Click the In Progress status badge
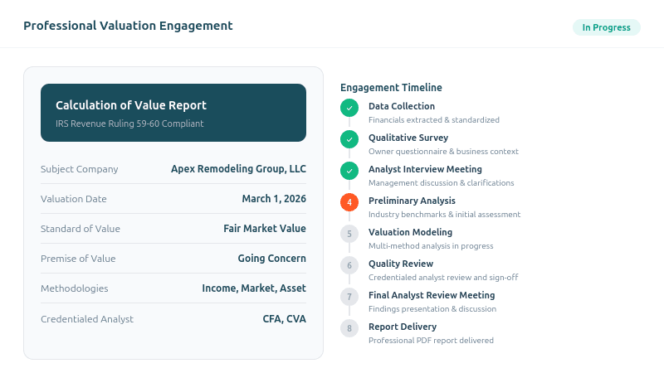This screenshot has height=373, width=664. [606, 27]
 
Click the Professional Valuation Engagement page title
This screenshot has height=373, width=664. [128, 26]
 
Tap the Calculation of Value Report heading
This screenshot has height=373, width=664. [131, 105]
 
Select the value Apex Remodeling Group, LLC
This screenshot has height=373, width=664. [238, 169]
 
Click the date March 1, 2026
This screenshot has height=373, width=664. [274, 199]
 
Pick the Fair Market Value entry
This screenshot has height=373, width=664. [264, 229]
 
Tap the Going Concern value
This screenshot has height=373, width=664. [271, 259]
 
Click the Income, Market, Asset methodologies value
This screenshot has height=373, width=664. [253, 288]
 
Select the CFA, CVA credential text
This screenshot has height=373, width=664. [284, 318]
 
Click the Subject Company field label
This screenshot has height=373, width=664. [80, 169]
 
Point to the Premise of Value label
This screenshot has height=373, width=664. [78, 259]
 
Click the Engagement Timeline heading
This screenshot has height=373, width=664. [391, 88]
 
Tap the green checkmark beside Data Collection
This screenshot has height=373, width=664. [349, 108]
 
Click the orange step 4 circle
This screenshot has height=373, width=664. [349, 202]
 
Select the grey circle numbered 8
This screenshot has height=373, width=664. [349, 328]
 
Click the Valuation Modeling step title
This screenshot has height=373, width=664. [410, 232]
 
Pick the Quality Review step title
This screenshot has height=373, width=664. [401, 264]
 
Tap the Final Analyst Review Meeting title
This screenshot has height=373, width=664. [432, 295]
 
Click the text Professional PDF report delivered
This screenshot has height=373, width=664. [431, 341]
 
